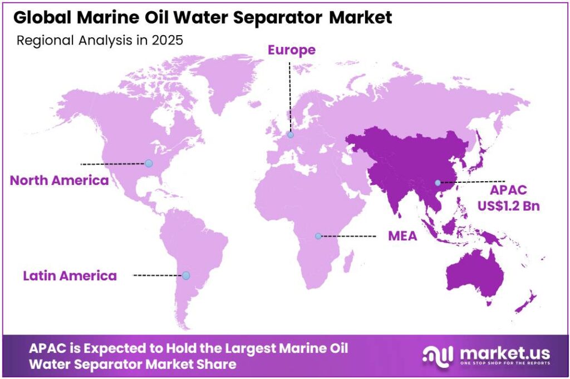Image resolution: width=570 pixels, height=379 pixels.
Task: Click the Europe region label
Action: [291, 50]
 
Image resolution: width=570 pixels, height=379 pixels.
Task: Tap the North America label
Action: [59, 181]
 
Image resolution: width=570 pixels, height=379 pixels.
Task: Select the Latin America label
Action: [70, 275]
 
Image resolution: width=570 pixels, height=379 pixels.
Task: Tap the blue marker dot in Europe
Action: [290, 134]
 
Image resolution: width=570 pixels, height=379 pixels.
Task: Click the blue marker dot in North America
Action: [149, 163]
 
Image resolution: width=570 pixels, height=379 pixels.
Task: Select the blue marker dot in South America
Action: [186, 275]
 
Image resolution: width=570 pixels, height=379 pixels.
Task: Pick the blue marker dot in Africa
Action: [318, 236]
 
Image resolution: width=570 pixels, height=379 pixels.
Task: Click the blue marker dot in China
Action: [438, 183]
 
